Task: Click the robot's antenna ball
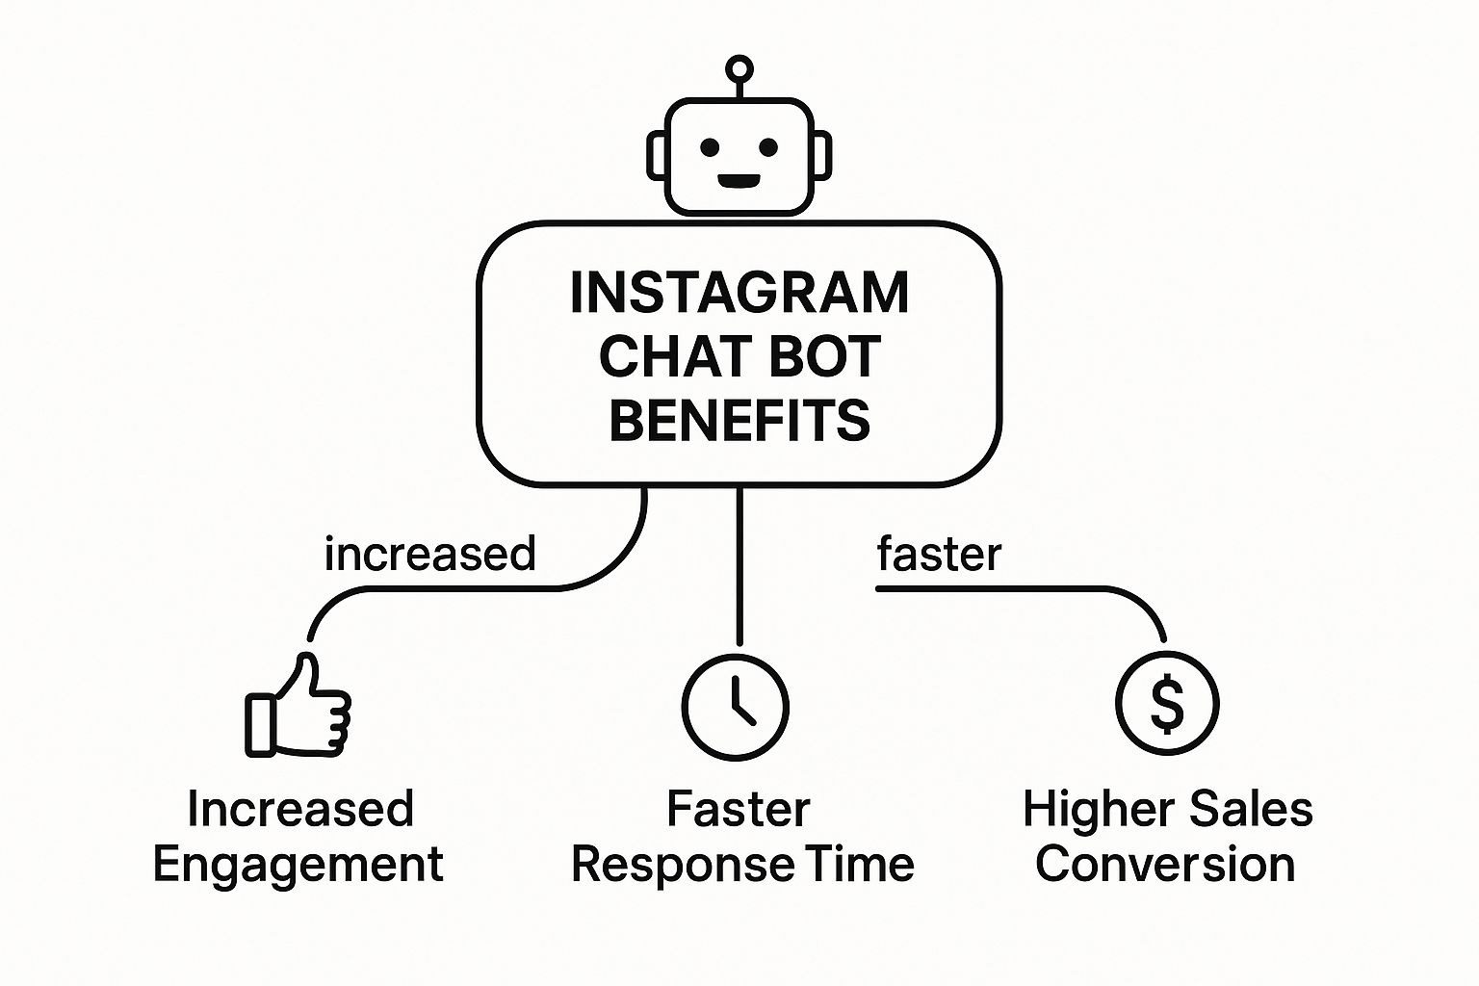[739, 68]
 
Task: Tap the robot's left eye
[710, 147]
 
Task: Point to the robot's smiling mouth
[739, 180]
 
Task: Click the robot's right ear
[822, 155]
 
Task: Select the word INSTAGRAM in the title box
[739, 293]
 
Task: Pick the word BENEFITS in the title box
[739, 420]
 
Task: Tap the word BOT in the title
[817, 356]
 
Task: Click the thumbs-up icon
[298, 705]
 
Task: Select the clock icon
[736, 708]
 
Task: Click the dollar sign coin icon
[1167, 703]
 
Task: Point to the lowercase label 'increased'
[429, 554]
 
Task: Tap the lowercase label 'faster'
[939, 554]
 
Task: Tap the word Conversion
[1165, 864]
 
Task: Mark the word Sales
[1241, 809]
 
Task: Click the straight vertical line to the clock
[739, 566]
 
